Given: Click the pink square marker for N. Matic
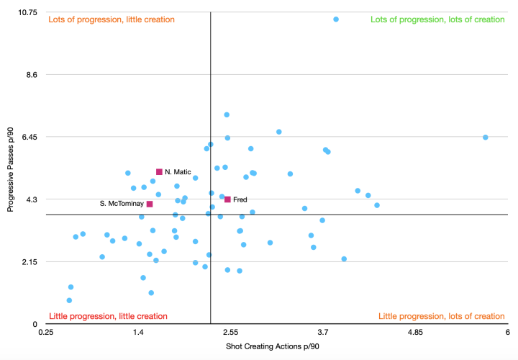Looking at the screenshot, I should [159, 172].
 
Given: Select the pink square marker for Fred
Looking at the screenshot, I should [227, 199].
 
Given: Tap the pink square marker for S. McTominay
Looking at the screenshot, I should [150, 204].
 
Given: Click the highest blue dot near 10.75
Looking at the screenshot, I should [336, 19].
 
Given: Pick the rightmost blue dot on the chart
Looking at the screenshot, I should [486, 138].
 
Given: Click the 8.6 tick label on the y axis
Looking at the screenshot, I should [32, 74].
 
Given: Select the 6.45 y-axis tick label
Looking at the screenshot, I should [29, 137].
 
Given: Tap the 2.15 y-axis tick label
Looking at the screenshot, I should [29, 261].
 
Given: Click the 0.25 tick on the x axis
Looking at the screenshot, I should [46, 333].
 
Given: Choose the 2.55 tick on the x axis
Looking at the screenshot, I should [230, 333].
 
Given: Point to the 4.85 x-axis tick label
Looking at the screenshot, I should [415, 333].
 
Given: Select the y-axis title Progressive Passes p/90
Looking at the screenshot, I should [11, 169].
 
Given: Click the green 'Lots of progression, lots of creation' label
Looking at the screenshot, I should [437, 19].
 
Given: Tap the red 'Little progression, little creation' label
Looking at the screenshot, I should [107, 316].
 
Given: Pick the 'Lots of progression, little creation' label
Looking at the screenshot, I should [111, 19].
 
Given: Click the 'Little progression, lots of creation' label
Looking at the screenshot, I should [441, 316].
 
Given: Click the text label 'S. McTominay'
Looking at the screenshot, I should [122, 204].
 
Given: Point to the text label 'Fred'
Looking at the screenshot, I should [240, 199].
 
